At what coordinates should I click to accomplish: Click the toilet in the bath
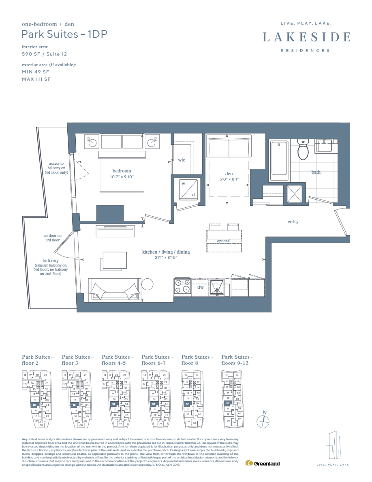[x=303, y=151]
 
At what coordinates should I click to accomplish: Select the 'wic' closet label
[x=182, y=160]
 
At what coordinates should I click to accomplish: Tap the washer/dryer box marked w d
[x=188, y=189]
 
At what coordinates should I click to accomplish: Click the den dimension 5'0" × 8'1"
[x=229, y=179]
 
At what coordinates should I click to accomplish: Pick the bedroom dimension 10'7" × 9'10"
[x=122, y=176]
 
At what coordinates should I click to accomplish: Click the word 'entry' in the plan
[x=293, y=222]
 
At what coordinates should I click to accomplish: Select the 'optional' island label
[x=224, y=241]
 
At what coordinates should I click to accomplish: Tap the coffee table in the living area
[x=115, y=260]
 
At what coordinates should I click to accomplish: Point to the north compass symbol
[x=263, y=421]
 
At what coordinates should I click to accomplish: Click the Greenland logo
[x=263, y=463]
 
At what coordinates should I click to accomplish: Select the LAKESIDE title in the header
[x=306, y=37]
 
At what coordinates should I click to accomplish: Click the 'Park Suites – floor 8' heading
[x=197, y=360]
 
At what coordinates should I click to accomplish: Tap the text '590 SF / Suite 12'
[x=45, y=54]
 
